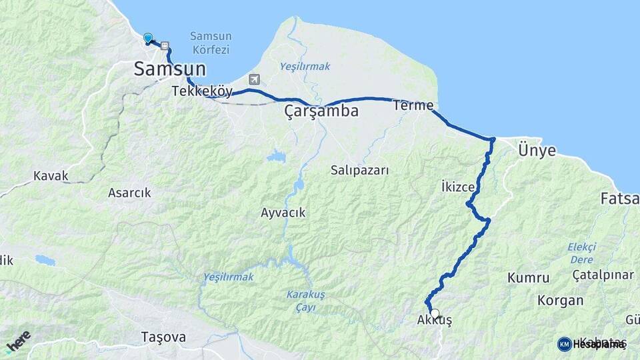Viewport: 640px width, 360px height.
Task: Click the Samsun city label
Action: pyautogui.click(x=170, y=68)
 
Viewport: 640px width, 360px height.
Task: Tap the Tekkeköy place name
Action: pyautogui.click(x=201, y=91)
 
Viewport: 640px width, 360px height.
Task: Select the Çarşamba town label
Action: pyautogui.click(x=321, y=111)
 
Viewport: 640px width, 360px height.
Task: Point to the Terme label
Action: pyautogui.click(x=413, y=105)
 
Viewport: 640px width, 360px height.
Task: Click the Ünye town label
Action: pyautogui.click(x=536, y=151)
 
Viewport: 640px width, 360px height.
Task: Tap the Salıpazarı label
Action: pyautogui.click(x=359, y=170)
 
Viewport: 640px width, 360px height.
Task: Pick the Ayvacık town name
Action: pyautogui.click(x=283, y=213)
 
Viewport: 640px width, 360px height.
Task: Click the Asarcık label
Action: pyautogui.click(x=129, y=193)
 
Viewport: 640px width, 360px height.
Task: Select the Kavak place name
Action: pyautogui.click(x=51, y=177)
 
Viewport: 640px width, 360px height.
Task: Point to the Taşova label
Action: pyautogui.click(x=163, y=337)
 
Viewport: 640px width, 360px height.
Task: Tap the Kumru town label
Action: pyautogui.click(x=528, y=277)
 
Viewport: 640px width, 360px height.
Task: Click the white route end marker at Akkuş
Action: pyautogui.click(x=435, y=313)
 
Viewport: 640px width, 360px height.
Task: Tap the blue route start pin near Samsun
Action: pyautogui.click(x=148, y=39)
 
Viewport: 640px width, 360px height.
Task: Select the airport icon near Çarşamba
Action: pyautogui.click(x=254, y=79)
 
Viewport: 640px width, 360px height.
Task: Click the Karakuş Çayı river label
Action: pyautogui.click(x=305, y=299)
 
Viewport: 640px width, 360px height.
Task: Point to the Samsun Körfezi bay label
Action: pyautogui.click(x=210, y=43)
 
